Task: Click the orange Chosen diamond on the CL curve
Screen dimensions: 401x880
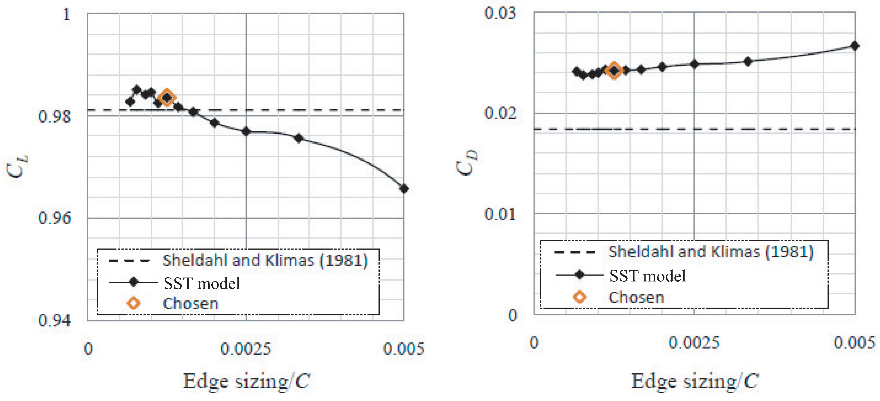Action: pos(167,98)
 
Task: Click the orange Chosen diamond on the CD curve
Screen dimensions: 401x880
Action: pos(614,71)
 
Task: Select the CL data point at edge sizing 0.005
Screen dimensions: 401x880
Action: pos(404,189)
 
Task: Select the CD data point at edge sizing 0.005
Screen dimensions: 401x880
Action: pos(855,46)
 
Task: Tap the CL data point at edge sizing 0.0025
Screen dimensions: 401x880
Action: pos(246,131)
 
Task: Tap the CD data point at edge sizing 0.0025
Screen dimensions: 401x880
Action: pos(694,64)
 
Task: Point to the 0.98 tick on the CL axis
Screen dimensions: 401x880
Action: pos(55,117)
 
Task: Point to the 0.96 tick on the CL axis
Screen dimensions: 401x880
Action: pos(55,218)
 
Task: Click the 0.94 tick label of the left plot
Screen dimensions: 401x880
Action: pos(55,320)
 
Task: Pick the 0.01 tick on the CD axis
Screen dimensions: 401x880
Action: pos(500,214)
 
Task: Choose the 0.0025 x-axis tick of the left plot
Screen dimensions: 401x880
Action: pos(245,349)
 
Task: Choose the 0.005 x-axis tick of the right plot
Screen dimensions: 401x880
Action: pos(854,342)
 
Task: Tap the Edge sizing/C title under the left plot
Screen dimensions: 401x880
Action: pos(246,381)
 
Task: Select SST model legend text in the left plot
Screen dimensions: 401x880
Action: pos(202,283)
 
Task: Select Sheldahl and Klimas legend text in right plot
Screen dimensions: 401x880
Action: pos(710,252)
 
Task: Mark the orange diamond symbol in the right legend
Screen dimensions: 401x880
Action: pos(579,297)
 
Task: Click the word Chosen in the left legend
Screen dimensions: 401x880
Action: pos(191,304)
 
